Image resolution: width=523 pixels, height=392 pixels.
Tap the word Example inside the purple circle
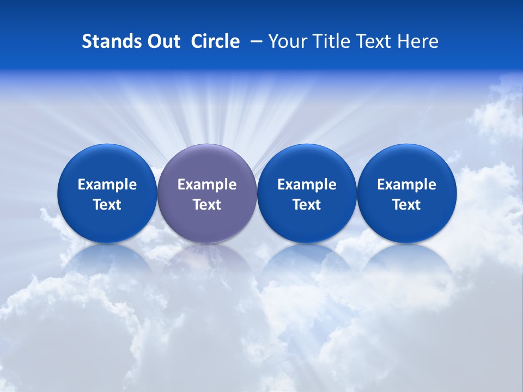(207, 185)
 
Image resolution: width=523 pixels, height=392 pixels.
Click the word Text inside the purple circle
(207, 205)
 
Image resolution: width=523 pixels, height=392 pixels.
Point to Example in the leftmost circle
(107, 185)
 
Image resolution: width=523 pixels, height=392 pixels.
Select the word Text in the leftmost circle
(107, 205)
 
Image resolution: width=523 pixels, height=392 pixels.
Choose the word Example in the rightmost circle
(407, 185)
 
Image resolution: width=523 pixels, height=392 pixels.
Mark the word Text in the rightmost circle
(407, 205)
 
